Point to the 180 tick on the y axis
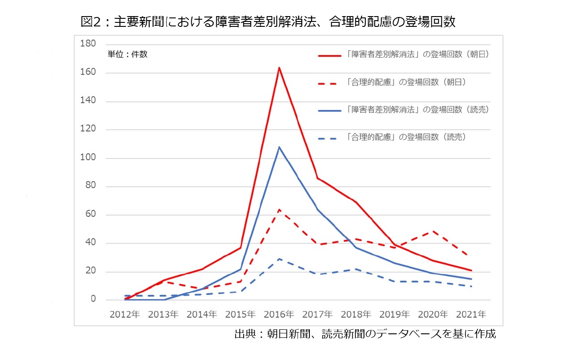[88, 44]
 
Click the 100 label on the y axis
[88, 158]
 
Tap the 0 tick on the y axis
[93, 299]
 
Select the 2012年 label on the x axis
[125, 315]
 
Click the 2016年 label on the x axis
[279, 315]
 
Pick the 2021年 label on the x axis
[471, 315]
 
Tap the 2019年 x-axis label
[394, 315]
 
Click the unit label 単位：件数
[127, 55]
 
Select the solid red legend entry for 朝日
[402, 55]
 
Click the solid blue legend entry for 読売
[402, 110]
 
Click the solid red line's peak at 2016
[279, 68]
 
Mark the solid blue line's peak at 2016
[279, 147]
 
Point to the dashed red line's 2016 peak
[279, 209]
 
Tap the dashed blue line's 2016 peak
[279, 259]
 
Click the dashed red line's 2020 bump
[433, 231]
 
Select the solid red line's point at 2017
[317, 178]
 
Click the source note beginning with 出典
[365, 335]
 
